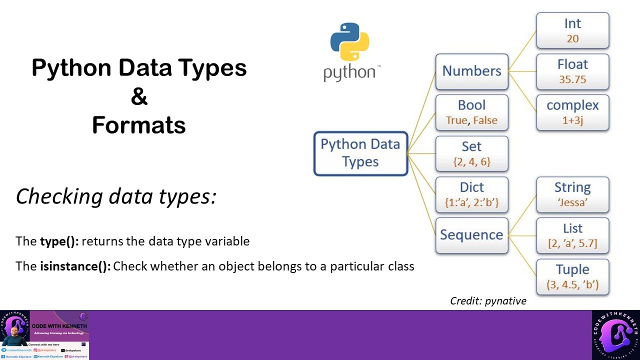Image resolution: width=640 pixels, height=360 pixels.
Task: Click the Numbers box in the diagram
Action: (471, 71)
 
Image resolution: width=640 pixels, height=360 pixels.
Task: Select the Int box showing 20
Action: (572, 30)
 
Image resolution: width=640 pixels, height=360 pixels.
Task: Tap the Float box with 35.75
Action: (572, 71)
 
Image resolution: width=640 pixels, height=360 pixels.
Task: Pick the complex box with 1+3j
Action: (572, 112)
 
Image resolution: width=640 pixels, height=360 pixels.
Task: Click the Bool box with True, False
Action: (471, 112)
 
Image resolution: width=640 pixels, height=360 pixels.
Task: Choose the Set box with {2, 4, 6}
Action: (471, 153)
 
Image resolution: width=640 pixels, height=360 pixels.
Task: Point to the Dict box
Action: (471, 194)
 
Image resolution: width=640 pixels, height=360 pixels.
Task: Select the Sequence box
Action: (471, 235)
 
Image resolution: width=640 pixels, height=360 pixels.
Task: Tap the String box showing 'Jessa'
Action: (572, 194)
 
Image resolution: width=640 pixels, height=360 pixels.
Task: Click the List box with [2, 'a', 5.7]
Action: (572, 235)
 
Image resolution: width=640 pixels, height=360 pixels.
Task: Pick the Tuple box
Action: (572, 276)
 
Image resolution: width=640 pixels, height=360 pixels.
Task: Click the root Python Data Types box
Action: (360, 153)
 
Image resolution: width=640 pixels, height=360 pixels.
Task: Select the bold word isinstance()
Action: (75, 266)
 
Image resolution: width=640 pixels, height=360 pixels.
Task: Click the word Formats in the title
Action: (139, 125)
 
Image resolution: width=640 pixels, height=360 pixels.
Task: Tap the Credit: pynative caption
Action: (488, 300)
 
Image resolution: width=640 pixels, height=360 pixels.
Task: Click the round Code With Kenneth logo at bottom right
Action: (615, 334)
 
